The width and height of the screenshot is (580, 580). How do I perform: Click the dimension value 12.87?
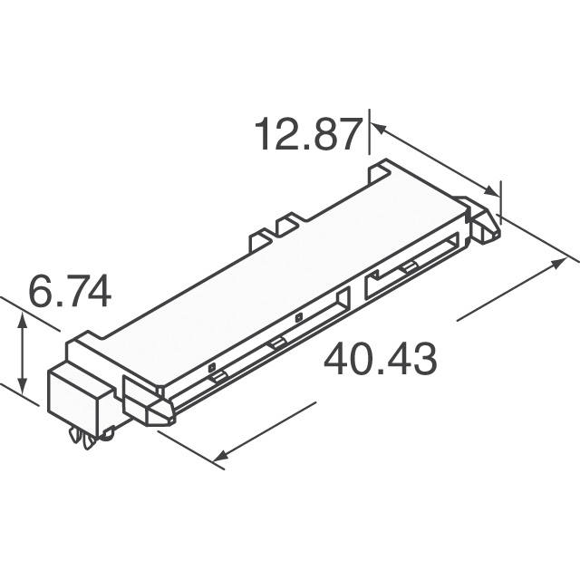coord(308,133)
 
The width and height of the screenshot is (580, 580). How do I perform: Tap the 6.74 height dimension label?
coord(70,291)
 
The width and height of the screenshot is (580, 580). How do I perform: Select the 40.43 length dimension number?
coord(381,359)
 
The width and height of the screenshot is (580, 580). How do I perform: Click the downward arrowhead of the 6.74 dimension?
coord(23,386)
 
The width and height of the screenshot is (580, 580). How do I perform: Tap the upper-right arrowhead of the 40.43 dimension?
coord(558,264)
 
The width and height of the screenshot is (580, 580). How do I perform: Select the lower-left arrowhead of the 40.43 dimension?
coord(221,455)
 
